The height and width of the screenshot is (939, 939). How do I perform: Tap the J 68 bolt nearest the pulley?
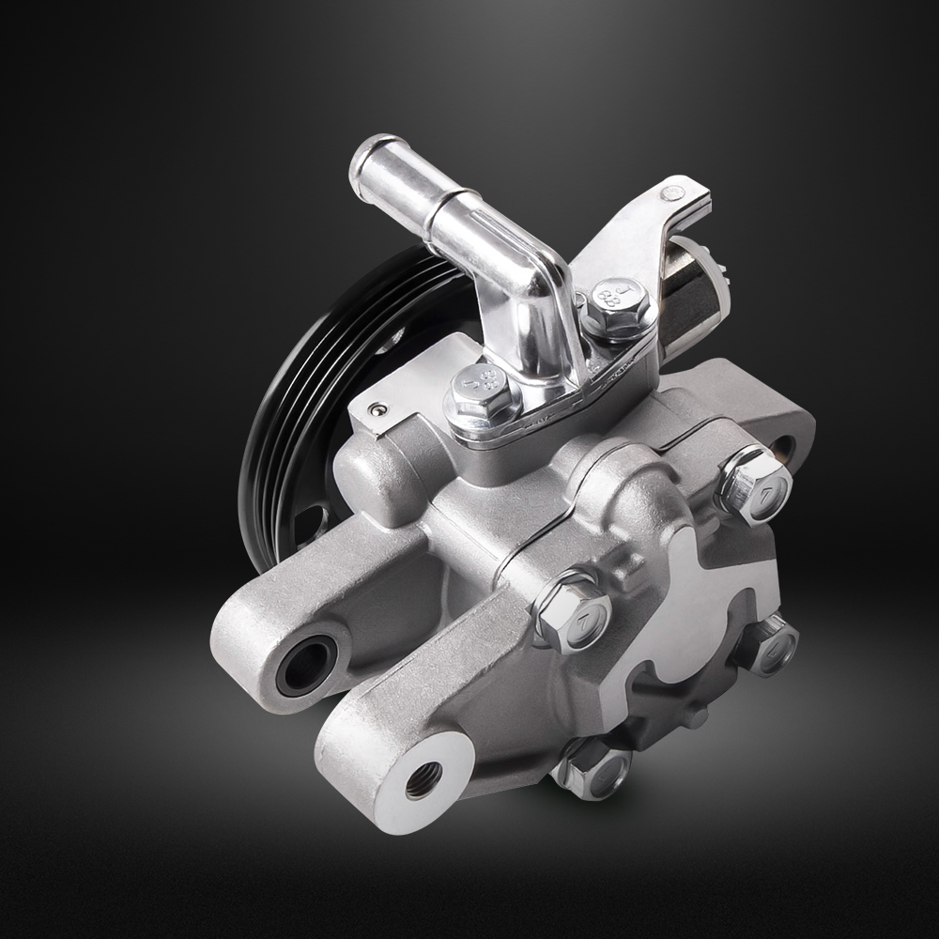(x=483, y=389)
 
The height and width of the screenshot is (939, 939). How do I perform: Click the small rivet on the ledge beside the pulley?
(x=377, y=409)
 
